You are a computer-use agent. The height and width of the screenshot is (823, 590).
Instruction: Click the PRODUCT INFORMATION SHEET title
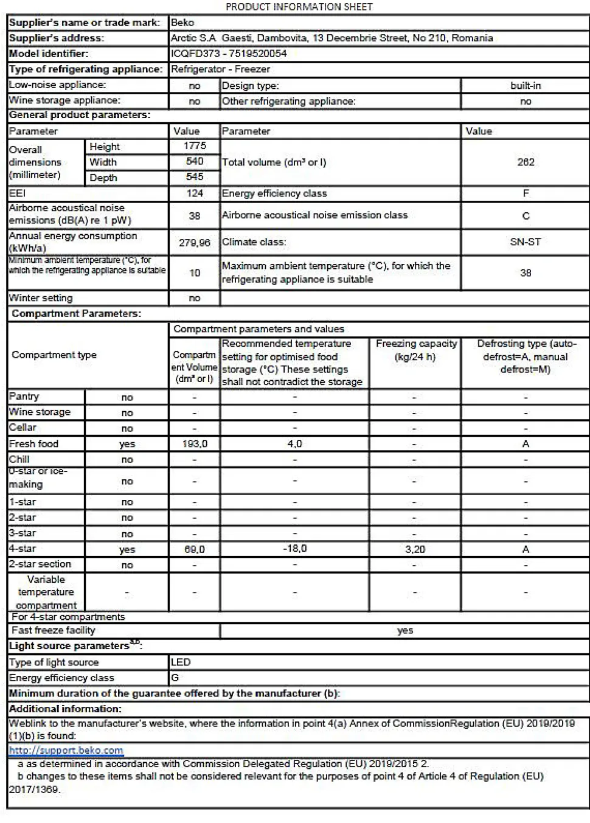299,7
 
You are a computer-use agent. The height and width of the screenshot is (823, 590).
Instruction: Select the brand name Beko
182,23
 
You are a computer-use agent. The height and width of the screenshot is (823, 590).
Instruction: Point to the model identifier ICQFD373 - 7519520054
229,54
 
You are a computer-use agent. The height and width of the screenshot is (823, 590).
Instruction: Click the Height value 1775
195,146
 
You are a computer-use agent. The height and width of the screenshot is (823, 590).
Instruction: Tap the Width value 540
195,161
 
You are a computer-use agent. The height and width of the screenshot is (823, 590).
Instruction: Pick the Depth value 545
195,177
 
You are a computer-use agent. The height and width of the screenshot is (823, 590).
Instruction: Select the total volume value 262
526,162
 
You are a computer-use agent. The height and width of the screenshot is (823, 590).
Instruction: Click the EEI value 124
195,193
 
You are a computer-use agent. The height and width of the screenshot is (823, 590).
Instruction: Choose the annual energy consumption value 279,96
195,242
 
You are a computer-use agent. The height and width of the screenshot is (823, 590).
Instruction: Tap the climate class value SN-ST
526,241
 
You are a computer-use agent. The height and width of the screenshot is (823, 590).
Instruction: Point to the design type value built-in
526,86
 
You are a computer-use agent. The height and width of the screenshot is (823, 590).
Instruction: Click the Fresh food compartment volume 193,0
195,444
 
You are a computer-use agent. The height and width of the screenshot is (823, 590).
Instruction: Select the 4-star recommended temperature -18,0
294,549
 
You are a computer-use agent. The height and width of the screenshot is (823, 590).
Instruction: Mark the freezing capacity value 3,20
415,549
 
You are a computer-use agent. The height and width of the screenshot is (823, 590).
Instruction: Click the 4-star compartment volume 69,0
195,549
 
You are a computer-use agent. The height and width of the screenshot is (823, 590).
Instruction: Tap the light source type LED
181,662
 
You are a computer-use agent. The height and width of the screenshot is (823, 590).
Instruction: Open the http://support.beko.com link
66,751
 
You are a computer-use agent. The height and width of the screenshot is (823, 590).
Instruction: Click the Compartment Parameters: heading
76,314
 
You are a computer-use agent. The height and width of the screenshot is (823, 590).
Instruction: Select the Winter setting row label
41,298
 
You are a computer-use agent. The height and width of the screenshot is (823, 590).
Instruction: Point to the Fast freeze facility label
54,631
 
